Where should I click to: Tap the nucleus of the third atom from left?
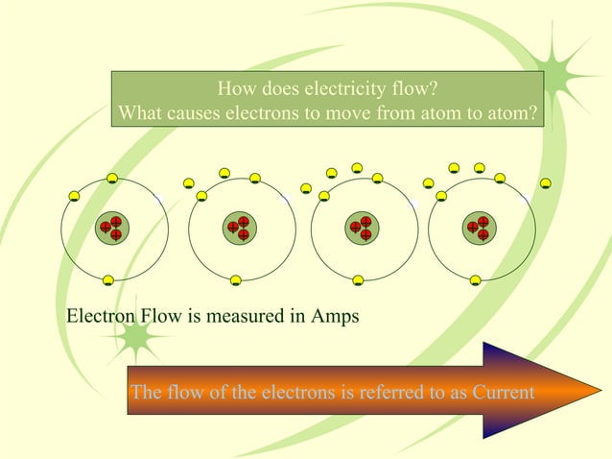362,229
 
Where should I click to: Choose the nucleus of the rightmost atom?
478,229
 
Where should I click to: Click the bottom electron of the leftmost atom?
108,280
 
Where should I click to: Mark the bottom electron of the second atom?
235,281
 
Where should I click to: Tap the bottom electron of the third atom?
357,281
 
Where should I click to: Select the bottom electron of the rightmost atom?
475,281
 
